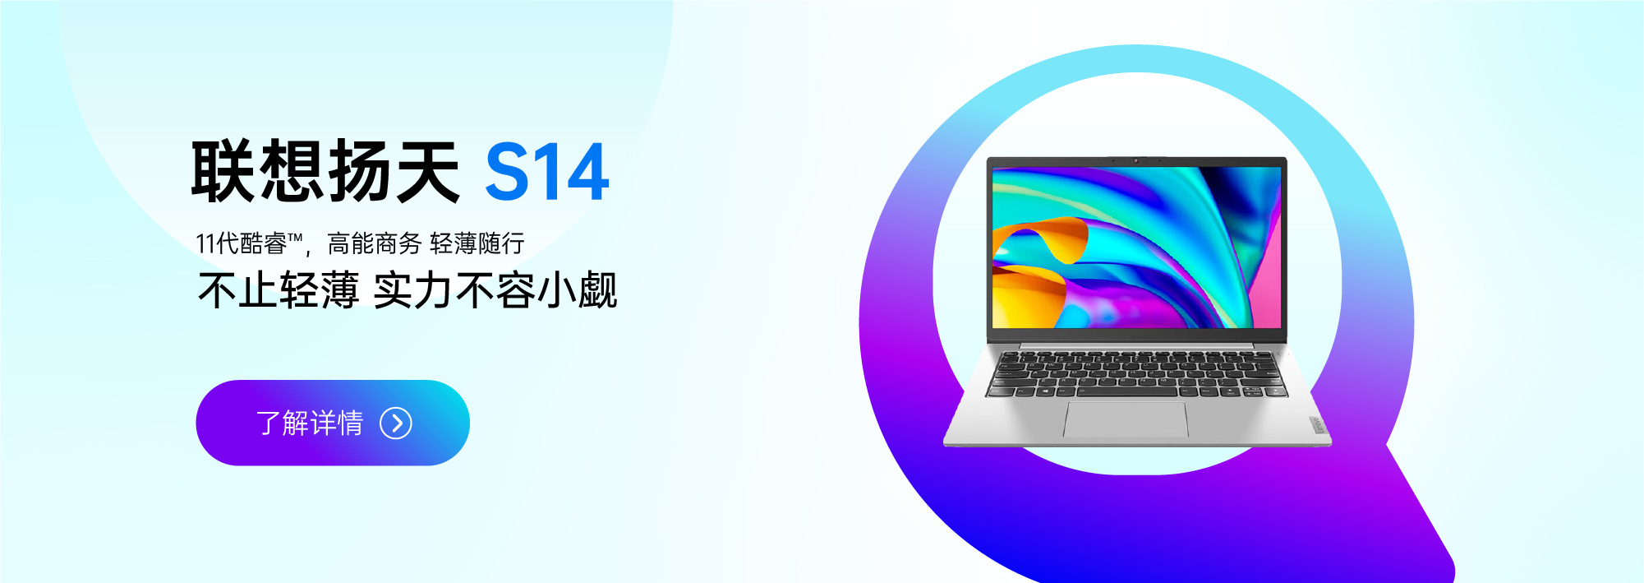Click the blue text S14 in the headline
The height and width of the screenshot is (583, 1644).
pyautogui.click(x=546, y=172)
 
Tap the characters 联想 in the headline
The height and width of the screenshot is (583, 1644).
pyautogui.click(x=257, y=171)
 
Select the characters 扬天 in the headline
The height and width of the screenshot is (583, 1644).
pyautogui.click(x=394, y=171)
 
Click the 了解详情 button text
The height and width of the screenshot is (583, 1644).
pyautogui.click(x=310, y=423)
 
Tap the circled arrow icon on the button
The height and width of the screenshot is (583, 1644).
pyautogui.click(x=396, y=423)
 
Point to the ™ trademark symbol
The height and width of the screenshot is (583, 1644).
pyautogui.click(x=295, y=238)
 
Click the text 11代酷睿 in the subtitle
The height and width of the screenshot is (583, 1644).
pyautogui.click(x=241, y=243)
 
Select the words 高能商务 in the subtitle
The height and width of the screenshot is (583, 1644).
pyautogui.click(x=374, y=243)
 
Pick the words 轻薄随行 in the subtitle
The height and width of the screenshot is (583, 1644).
pyautogui.click(x=477, y=243)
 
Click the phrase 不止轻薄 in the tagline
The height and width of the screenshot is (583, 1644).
pyautogui.click(x=279, y=290)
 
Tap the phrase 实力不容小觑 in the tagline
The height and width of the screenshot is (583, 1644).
pyautogui.click(x=495, y=290)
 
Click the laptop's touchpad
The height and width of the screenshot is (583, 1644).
pyautogui.click(x=1126, y=419)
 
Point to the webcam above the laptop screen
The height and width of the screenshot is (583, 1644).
pyautogui.click(x=1137, y=160)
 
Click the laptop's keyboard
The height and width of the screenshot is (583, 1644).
pyautogui.click(x=1137, y=374)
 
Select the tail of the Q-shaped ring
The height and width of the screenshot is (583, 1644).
pyautogui.click(x=1417, y=517)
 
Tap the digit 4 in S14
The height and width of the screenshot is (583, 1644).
pyautogui.click(x=584, y=172)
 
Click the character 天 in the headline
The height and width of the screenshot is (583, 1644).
pyautogui.click(x=427, y=171)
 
